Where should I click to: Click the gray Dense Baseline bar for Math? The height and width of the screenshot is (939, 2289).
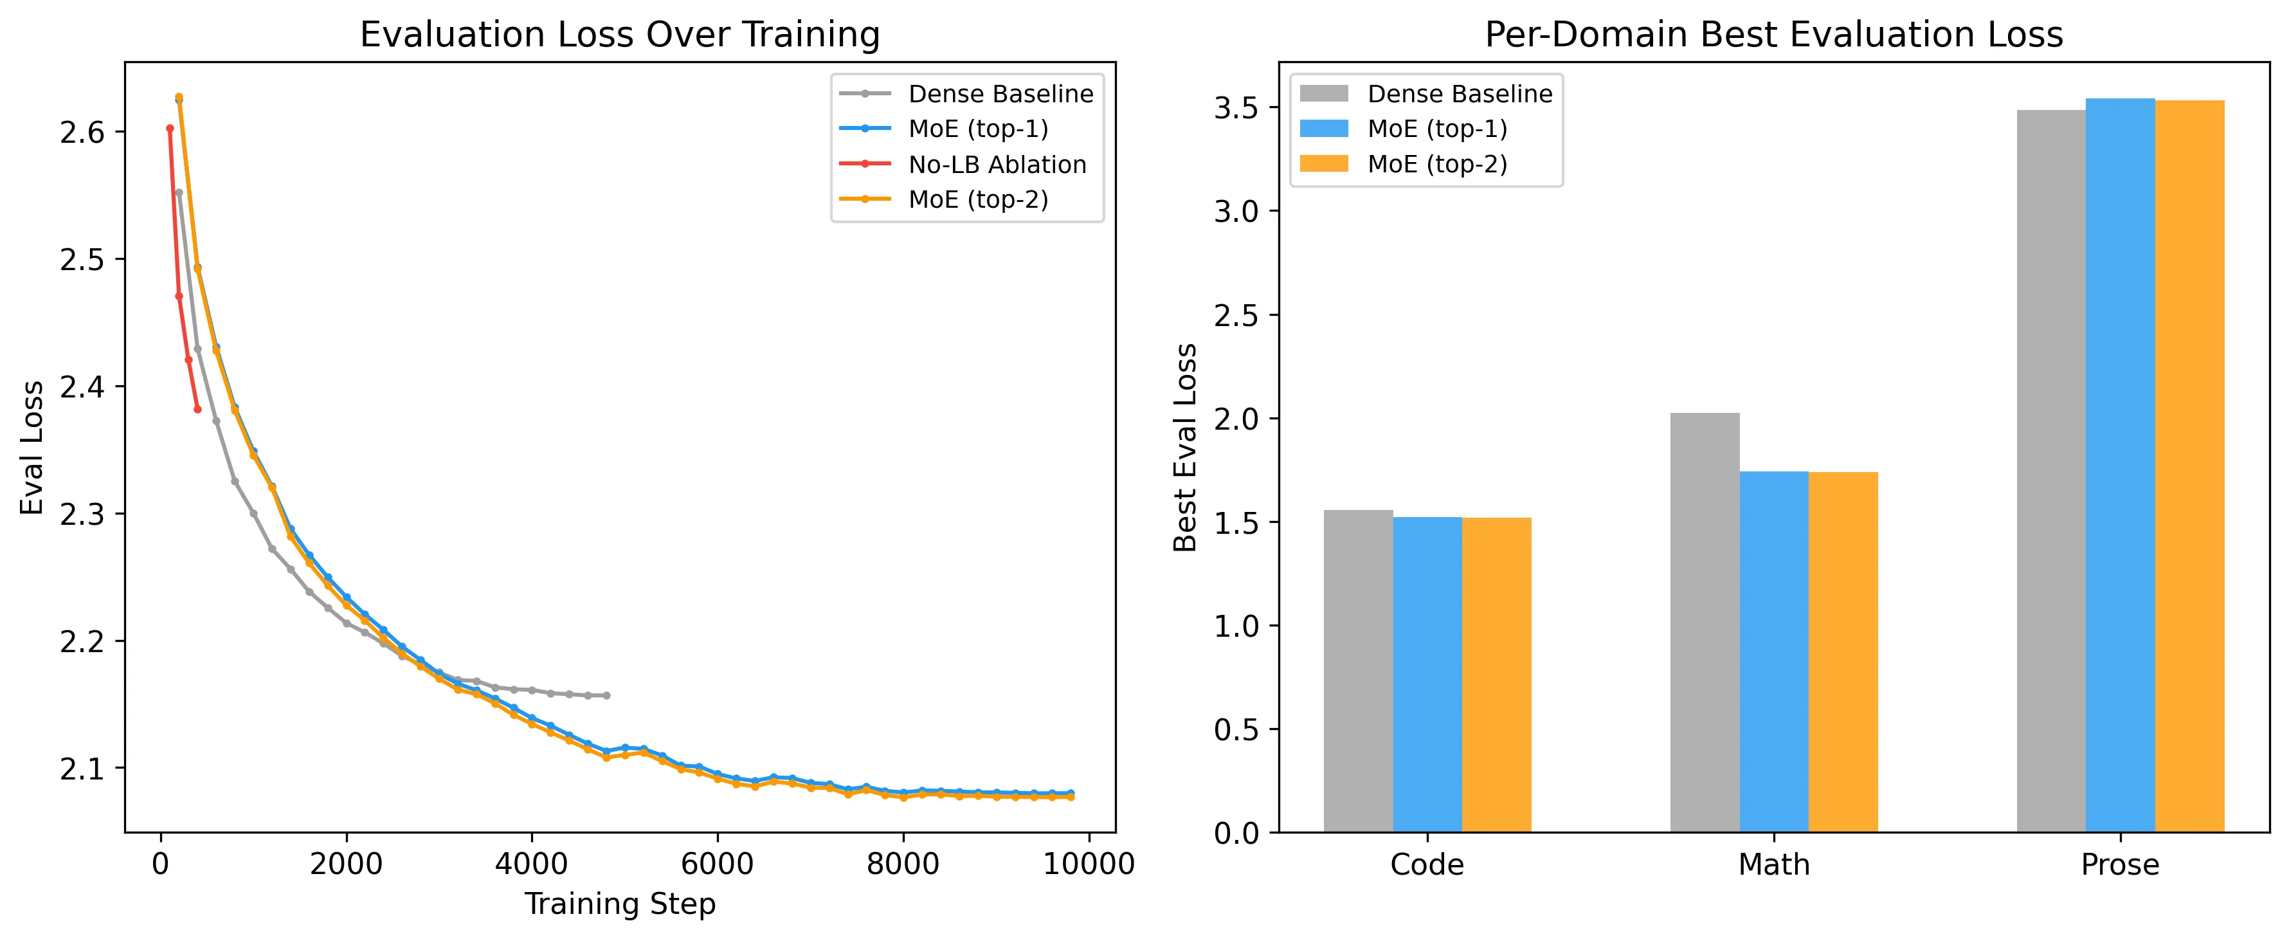tap(1705, 623)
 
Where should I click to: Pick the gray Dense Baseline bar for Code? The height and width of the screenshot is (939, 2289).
tap(1358, 671)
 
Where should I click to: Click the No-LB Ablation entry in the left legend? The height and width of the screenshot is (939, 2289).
tap(997, 165)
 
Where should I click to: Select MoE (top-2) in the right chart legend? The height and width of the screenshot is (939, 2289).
tap(1437, 165)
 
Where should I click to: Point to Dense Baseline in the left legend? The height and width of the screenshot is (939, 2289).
tap(1000, 95)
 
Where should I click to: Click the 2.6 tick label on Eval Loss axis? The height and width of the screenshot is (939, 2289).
tap(82, 133)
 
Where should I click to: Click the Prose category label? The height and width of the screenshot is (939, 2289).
tap(2119, 864)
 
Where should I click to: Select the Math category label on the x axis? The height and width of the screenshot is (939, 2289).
tap(1773, 864)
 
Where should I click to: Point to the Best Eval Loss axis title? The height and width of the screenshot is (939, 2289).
tap(1186, 447)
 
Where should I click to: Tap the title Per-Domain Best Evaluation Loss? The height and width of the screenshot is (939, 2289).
tap(1773, 35)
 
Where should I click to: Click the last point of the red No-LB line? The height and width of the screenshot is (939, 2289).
tap(197, 409)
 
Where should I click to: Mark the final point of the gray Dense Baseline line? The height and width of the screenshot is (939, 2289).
tap(607, 695)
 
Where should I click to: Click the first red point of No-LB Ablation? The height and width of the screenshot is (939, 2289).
tap(170, 128)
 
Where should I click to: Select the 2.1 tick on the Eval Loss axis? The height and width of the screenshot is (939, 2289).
tap(82, 769)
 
